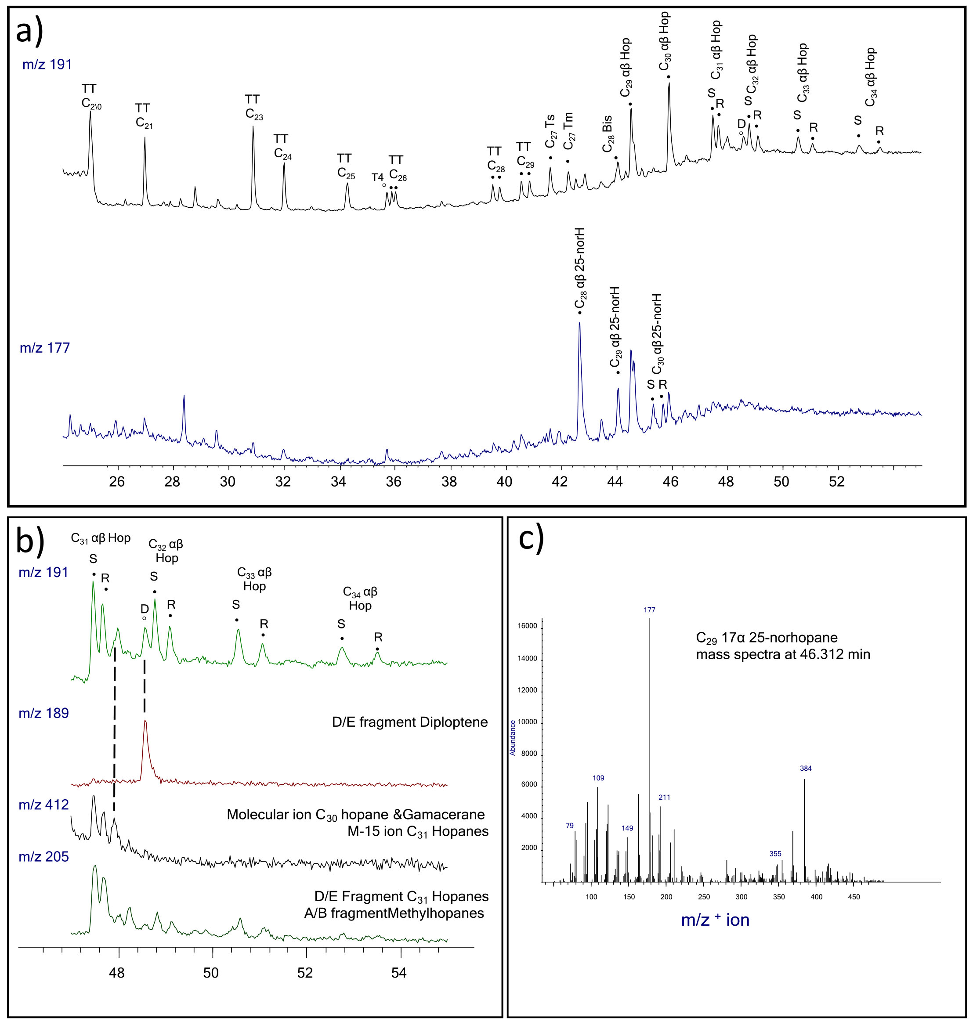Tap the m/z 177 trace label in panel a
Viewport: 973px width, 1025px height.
[45, 347]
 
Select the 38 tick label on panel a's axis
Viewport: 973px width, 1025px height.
[449, 482]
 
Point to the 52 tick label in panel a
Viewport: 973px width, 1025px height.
[836, 482]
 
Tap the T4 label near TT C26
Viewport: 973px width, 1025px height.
[378, 177]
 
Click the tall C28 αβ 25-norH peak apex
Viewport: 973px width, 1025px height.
[579, 323]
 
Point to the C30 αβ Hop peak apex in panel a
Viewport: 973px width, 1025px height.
[669, 83]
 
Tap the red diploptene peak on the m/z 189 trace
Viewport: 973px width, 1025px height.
[145, 721]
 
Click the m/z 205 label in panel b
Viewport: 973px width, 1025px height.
[43, 856]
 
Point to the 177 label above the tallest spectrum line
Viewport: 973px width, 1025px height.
[649, 610]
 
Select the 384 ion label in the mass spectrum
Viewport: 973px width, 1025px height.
[806, 769]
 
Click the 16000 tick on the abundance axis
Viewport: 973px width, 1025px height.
[528, 626]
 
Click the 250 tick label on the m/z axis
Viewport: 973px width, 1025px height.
[704, 897]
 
